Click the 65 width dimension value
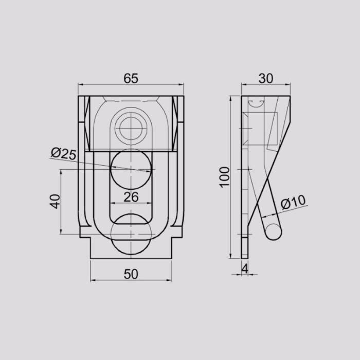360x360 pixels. click(x=131, y=78)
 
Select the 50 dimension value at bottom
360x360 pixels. click(x=131, y=274)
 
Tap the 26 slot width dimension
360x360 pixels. click(x=131, y=197)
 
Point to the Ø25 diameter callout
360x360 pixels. click(x=63, y=153)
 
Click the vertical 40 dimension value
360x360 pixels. click(x=55, y=202)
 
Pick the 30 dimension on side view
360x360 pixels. click(x=266, y=78)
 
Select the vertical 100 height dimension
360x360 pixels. click(x=225, y=177)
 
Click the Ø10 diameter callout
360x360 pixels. click(x=293, y=202)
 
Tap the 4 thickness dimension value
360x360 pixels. click(x=245, y=268)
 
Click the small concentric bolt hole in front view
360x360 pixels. click(x=131, y=129)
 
